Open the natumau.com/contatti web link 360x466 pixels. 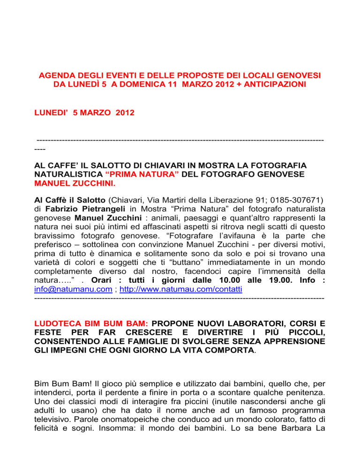(x=180, y=290)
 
